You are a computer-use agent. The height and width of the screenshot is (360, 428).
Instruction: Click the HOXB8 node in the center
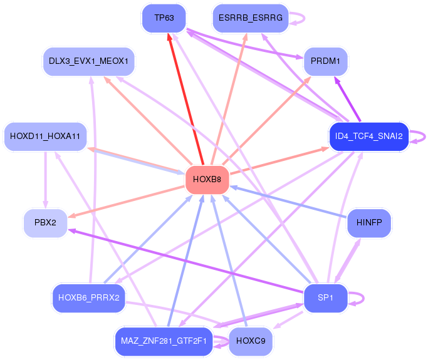[207, 180]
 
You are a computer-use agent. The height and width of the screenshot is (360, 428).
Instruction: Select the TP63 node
[164, 18]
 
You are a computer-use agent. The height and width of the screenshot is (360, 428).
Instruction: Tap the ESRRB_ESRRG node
[251, 18]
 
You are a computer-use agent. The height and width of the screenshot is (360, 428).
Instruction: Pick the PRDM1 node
[325, 61]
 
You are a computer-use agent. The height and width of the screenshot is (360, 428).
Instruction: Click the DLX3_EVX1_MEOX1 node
[89, 61]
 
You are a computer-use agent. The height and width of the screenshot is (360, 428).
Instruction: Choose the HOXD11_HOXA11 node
[45, 136]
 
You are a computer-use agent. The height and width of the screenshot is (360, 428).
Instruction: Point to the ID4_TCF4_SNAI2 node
[368, 136]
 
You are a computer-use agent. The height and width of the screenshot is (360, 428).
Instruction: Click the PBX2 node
[45, 222]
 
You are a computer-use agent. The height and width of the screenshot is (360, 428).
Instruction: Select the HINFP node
[369, 222]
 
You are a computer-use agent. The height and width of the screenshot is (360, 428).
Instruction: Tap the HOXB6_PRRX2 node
[89, 297]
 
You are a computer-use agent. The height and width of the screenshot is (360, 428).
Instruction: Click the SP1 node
[325, 297]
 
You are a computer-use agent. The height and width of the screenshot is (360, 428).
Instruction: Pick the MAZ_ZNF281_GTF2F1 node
[164, 341]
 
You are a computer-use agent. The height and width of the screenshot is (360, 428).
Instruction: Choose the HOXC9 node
[251, 341]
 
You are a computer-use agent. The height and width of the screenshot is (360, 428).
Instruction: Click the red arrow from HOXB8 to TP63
[186, 99]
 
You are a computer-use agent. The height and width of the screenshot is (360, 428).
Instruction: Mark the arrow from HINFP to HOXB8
[288, 202]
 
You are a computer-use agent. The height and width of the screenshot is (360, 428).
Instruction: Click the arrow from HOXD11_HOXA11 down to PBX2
[46, 180]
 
